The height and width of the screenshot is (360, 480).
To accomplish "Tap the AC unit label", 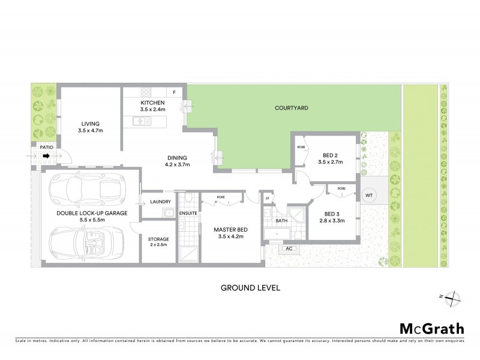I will click(288, 248).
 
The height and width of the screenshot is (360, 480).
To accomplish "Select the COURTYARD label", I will click(291, 109).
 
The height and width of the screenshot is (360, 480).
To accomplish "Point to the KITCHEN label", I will click(152, 103).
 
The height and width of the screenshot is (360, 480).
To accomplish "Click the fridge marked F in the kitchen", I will click(175, 92).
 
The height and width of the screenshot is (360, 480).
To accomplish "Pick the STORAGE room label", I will click(159, 239).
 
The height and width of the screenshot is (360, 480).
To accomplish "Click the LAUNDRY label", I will click(161, 201).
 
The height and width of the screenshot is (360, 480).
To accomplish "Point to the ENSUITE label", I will click(188, 212).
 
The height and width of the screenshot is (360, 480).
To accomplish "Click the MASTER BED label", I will click(231, 228).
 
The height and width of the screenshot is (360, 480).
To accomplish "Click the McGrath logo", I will click(431, 329).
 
